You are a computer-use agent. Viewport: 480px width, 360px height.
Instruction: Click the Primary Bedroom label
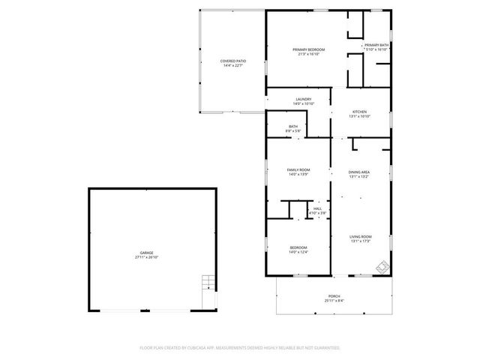pyautogui.click(x=308, y=49)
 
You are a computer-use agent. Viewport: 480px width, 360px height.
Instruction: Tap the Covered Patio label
pyautogui.click(x=233, y=61)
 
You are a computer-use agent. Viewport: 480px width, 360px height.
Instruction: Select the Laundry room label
pyautogui.click(x=303, y=99)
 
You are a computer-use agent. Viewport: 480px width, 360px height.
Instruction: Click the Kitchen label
pyautogui.click(x=360, y=112)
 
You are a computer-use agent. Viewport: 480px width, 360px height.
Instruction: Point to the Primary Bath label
pyautogui.click(x=376, y=45)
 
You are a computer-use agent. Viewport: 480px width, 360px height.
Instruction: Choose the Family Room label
pyautogui.click(x=298, y=170)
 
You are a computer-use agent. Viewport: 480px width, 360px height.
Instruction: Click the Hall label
pyautogui.click(x=318, y=208)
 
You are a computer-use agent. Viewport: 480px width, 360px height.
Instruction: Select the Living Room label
pyautogui.click(x=361, y=237)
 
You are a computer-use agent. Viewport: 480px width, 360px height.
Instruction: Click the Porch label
pyautogui.click(x=334, y=295)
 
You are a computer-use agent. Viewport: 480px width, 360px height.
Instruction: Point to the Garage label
pyautogui.click(x=146, y=253)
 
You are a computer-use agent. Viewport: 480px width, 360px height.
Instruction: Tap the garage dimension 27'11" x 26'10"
pyautogui.click(x=146, y=257)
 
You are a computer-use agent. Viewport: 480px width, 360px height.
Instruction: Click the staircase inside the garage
pyautogui.click(x=208, y=284)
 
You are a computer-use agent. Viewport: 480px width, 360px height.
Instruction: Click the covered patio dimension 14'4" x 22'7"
pyautogui.click(x=233, y=66)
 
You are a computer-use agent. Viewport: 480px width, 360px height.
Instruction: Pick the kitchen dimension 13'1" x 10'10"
pyautogui.click(x=360, y=116)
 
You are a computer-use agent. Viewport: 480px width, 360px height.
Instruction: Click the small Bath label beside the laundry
pyautogui.click(x=292, y=127)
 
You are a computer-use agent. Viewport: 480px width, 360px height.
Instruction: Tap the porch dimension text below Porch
pyautogui.click(x=334, y=300)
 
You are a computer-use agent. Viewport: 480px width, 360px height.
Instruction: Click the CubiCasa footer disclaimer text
pyautogui.click(x=239, y=348)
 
